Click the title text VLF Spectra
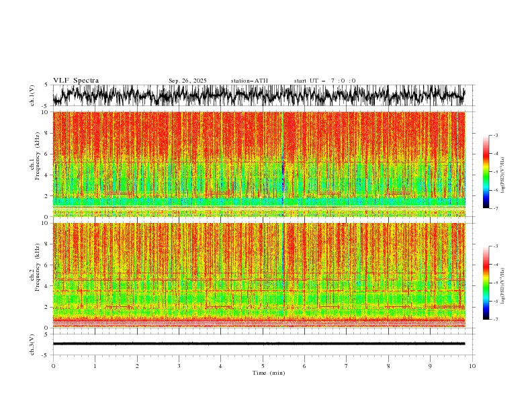click(76, 81)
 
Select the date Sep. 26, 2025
click(188, 81)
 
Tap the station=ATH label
click(249, 81)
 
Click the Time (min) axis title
click(263, 373)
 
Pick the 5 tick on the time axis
click(263, 365)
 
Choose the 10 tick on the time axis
click(473, 365)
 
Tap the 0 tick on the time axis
click(53, 365)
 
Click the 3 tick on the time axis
click(179, 365)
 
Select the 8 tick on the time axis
click(389, 365)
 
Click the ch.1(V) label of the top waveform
click(32, 95)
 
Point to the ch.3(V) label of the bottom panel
click(32, 343)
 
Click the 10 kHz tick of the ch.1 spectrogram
click(44, 112)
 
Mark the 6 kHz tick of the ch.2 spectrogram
click(46, 265)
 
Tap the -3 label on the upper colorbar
click(496, 136)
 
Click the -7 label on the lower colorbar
click(496, 320)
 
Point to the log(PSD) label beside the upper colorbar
click(503, 172)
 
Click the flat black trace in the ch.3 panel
click(262, 343)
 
